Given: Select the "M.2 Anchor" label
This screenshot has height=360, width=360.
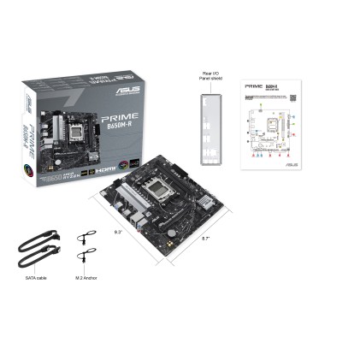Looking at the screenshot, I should click(x=86, y=277).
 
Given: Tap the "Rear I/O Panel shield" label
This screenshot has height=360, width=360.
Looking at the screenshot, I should click(x=210, y=76).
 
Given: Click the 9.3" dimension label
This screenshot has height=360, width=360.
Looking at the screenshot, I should click(x=118, y=232).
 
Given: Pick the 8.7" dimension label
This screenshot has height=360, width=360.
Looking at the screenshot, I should click(x=205, y=239).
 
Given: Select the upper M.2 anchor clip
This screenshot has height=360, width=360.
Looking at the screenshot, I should click(x=84, y=239).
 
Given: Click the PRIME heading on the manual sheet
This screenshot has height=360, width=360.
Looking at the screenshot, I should click(x=254, y=86).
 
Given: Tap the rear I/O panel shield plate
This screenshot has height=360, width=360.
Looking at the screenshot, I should click(x=211, y=127).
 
